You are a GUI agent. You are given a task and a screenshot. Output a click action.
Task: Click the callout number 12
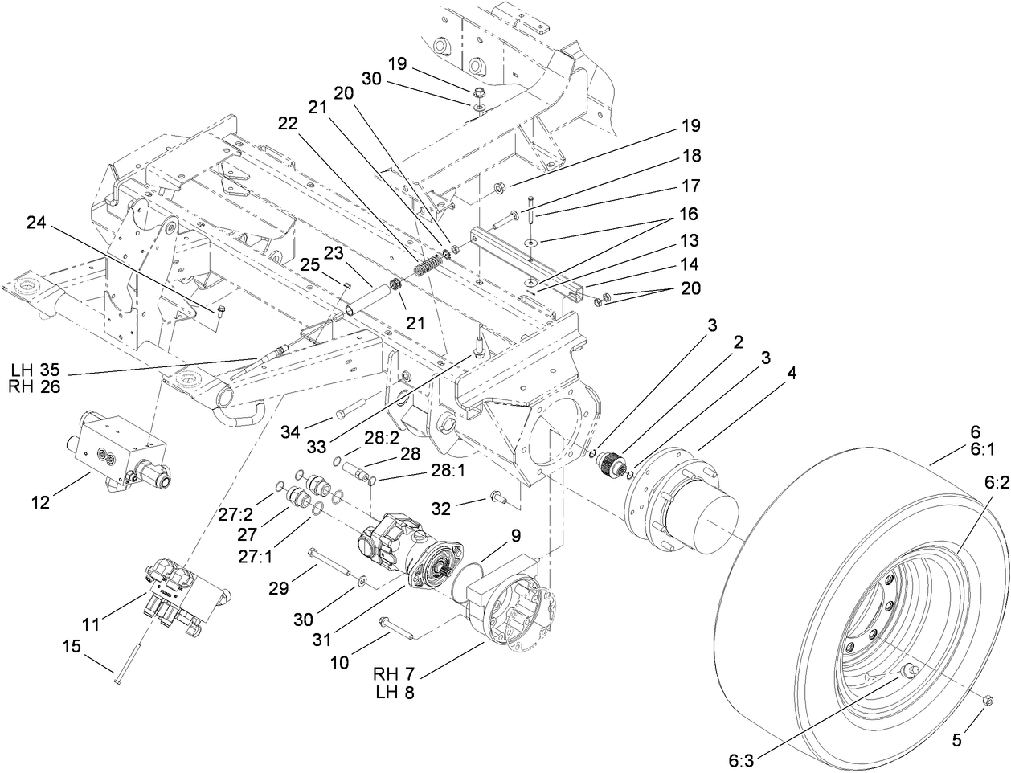[x=39, y=503]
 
